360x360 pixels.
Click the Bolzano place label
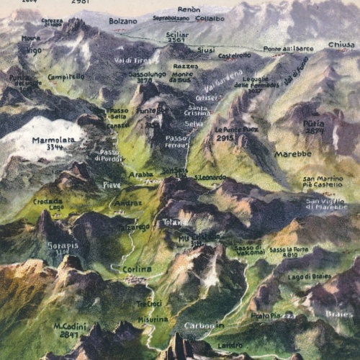pos(122,22)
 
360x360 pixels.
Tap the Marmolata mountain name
pos(54,141)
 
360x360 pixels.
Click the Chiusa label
pos(340,45)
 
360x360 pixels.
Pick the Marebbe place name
pos(292,153)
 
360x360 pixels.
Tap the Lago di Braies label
pos(306,276)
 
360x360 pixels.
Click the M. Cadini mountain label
pos(70,326)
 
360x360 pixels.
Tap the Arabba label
pos(140,174)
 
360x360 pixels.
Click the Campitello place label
pos(66,76)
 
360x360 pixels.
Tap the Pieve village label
pos(112,185)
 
